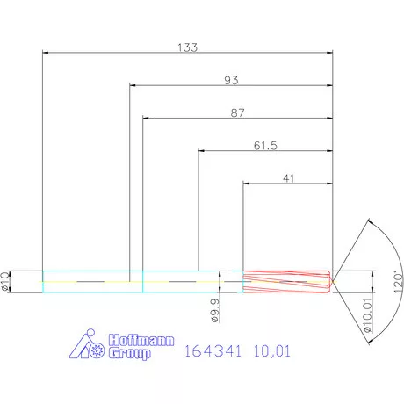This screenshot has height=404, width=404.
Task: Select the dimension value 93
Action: pyautogui.click(x=231, y=79)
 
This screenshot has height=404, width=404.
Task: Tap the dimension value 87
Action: pyautogui.click(x=236, y=112)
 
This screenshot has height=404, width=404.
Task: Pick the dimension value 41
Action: pyautogui.click(x=288, y=178)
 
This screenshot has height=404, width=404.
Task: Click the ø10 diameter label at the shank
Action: pyautogui.click(x=6, y=280)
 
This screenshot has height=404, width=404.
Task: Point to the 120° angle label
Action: pyautogui.click(x=397, y=282)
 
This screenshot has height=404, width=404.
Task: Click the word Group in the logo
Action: pyautogui.click(x=130, y=354)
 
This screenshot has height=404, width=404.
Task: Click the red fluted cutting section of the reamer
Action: pyautogui.click(x=285, y=281)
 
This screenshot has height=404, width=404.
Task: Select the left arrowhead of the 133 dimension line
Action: pyautogui.click(x=47, y=52)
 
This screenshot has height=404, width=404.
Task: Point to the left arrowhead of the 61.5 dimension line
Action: pyautogui.click(x=203, y=151)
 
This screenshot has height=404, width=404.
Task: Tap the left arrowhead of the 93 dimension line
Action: pyautogui.click(x=133, y=85)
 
